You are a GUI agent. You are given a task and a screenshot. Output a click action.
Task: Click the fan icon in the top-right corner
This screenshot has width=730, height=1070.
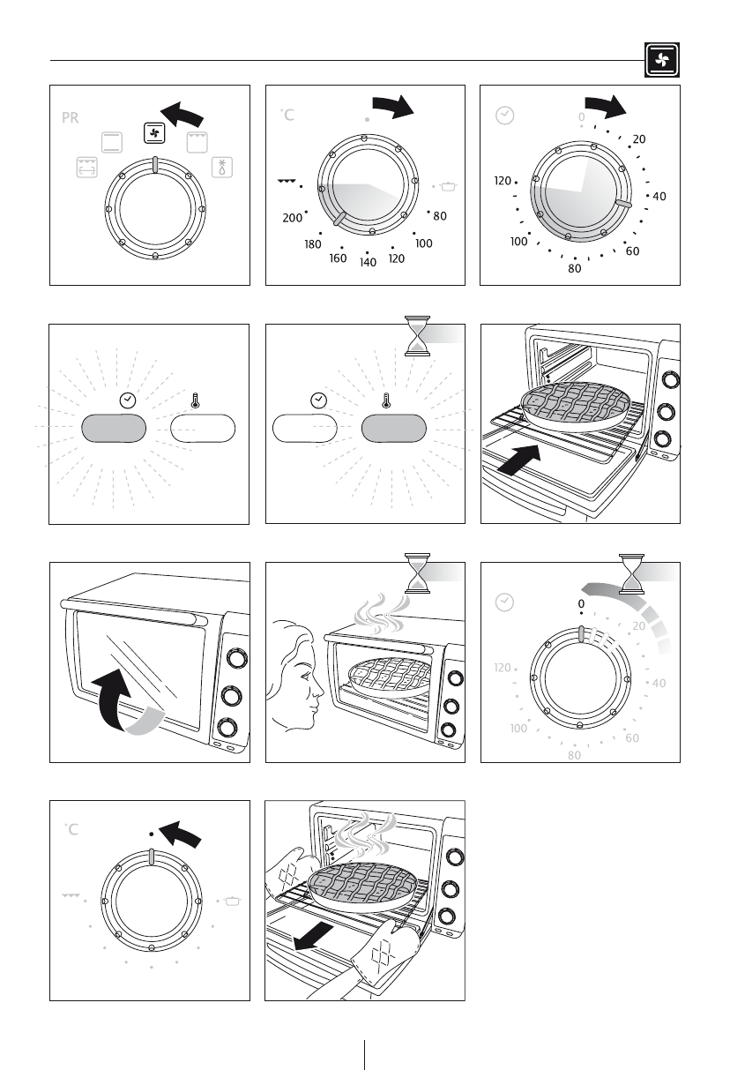(x=662, y=60)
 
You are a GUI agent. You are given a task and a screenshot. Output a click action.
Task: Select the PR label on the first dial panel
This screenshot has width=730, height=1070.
(x=70, y=117)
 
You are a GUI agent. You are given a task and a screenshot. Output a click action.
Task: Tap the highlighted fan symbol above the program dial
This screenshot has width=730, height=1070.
(x=154, y=133)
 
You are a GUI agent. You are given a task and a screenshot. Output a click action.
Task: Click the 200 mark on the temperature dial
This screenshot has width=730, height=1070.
(x=292, y=218)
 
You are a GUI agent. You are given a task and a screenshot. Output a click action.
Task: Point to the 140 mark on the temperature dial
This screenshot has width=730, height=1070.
(x=368, y=262)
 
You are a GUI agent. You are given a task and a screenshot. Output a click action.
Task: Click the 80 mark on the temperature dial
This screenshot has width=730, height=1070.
(x=440, y=216)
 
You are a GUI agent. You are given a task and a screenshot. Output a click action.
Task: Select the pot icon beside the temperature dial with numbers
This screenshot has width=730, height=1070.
(x=448, y=186)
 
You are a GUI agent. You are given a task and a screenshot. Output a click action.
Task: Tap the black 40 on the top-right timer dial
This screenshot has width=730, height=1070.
(x=659, y=197)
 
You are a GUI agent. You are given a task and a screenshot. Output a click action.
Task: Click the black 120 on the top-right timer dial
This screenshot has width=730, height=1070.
(x=503, y=181)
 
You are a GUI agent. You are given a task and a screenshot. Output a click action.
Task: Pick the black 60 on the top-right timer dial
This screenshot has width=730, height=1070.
(x=633, y=251)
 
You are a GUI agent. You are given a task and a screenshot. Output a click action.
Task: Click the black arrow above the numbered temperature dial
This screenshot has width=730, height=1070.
(x=393, y=106)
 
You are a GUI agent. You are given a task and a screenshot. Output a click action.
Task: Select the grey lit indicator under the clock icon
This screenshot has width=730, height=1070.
(x=114, y=429)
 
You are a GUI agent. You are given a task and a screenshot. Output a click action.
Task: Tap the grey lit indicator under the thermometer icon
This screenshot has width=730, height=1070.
(x=393, y=429)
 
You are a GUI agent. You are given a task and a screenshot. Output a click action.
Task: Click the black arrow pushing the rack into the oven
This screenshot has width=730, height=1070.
(x=519, y=460)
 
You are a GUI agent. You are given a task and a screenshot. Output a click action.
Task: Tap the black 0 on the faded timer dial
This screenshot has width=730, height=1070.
(x=581, y=603)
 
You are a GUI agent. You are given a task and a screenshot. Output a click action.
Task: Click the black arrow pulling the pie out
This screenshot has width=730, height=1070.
(x=313, y=936)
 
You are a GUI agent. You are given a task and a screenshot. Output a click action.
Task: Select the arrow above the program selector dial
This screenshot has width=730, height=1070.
(x=182, y=114)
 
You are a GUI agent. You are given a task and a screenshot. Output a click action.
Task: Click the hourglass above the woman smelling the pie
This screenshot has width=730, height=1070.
(x=417, y=573)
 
